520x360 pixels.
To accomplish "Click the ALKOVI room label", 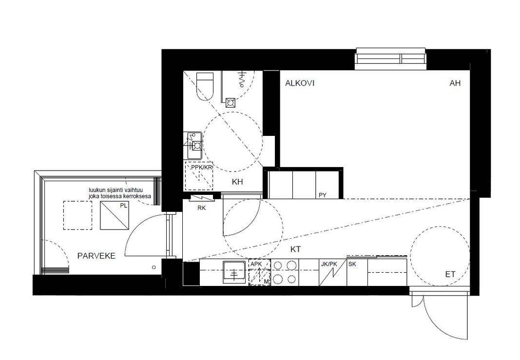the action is pos(299,83).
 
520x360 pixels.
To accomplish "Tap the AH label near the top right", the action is pos(455,83).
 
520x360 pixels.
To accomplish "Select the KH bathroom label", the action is pos(237,182).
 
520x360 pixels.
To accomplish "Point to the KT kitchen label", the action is pos(295,249).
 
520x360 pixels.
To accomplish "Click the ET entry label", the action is pos(450,274).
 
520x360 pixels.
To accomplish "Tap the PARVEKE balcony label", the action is pos(96,256).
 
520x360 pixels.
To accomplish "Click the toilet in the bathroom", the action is pos(205,86).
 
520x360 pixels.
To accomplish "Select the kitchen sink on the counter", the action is pos(235,272).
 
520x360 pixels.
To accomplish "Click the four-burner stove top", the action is pos(285,272).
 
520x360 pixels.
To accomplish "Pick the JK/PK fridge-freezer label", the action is pos(328,264).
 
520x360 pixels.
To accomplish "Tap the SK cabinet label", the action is pos(352,264).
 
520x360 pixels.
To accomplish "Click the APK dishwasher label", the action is pos(256,264).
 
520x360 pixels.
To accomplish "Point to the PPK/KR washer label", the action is pos(201,168).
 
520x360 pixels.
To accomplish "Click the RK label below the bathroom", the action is pos(201,208).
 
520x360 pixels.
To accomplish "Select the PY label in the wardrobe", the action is pos(322,195).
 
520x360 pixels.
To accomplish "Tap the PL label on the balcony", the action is pos(124,206).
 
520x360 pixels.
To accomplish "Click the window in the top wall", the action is pos(390,58).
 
